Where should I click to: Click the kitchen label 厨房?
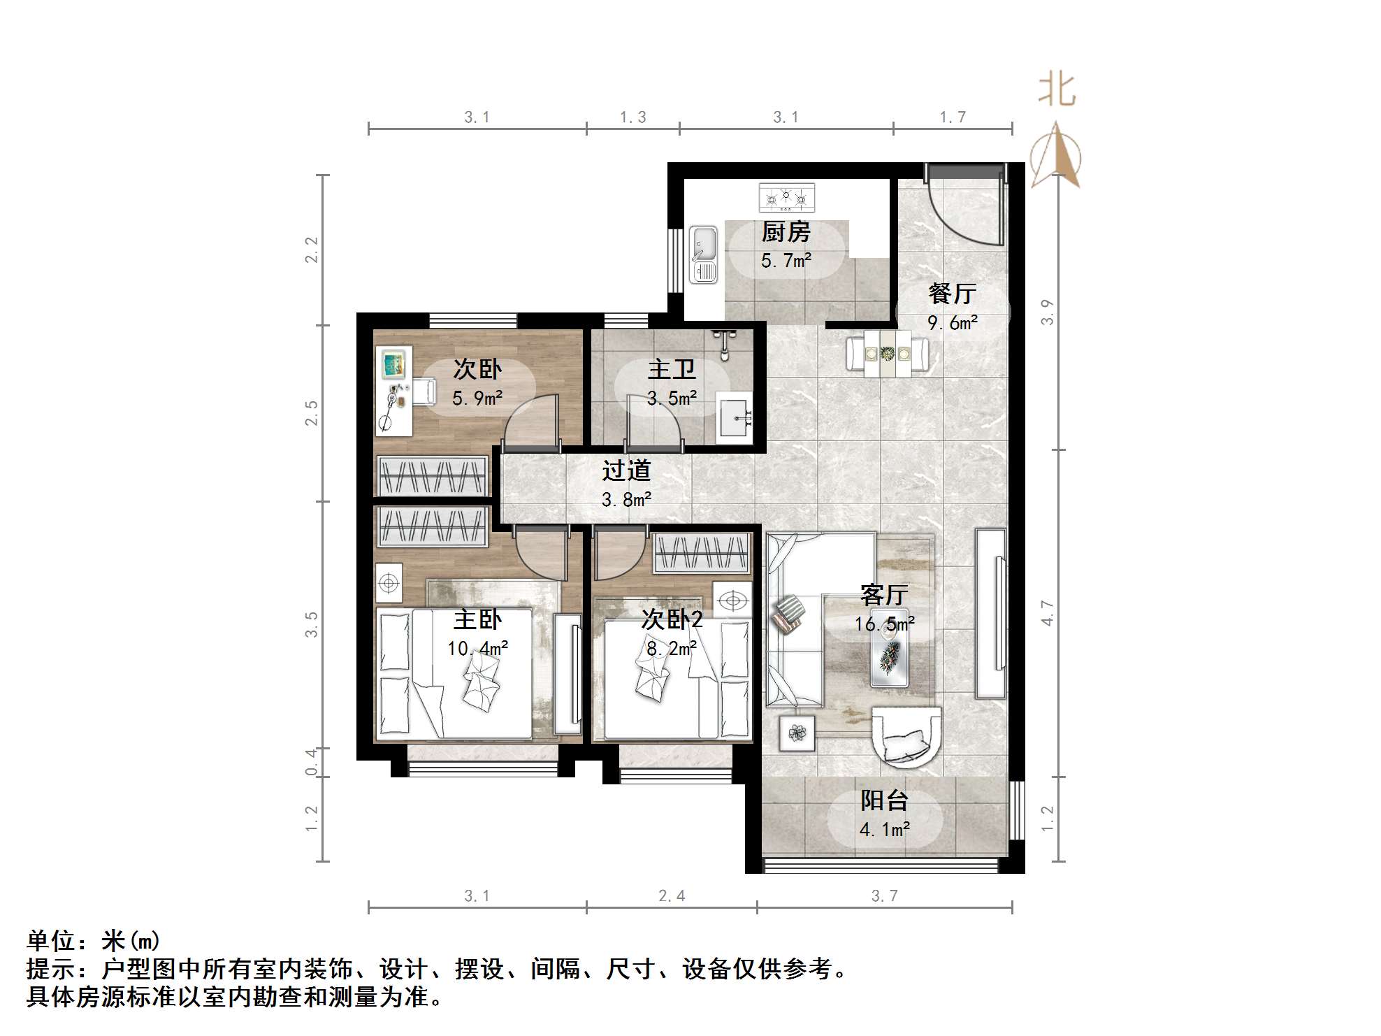786,231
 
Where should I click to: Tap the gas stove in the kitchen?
787,198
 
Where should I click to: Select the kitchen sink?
703,254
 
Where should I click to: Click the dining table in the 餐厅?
888,354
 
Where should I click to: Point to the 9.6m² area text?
952,322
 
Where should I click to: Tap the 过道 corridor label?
626,470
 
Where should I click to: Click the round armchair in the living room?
906,734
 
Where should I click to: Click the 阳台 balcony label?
884,800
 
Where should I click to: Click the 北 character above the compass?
1056,91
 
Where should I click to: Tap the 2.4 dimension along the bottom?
672,895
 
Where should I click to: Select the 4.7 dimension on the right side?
1047,612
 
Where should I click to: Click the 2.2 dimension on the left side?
311,250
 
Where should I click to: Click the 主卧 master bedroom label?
478,619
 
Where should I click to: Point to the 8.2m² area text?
672,649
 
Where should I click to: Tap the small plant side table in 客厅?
797,733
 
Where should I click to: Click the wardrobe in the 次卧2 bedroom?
703,554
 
